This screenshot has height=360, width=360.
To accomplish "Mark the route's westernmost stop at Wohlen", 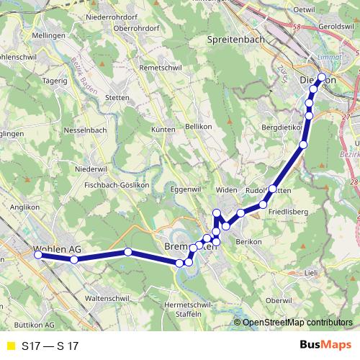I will tap(37, 253).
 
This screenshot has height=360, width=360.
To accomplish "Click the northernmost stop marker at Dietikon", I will tap(321, 77).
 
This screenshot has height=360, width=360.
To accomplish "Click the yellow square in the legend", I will tap(9, 346).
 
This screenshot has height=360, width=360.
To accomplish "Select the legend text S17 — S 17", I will tap(50, 346).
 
